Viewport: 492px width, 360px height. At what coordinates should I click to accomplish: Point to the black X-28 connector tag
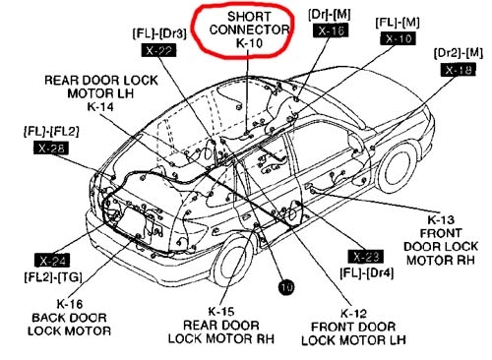tap(52, 148)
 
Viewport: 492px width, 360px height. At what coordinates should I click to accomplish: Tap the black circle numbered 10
tap(286, 288)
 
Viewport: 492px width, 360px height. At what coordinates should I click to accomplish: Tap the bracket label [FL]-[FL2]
tap(51, 130)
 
